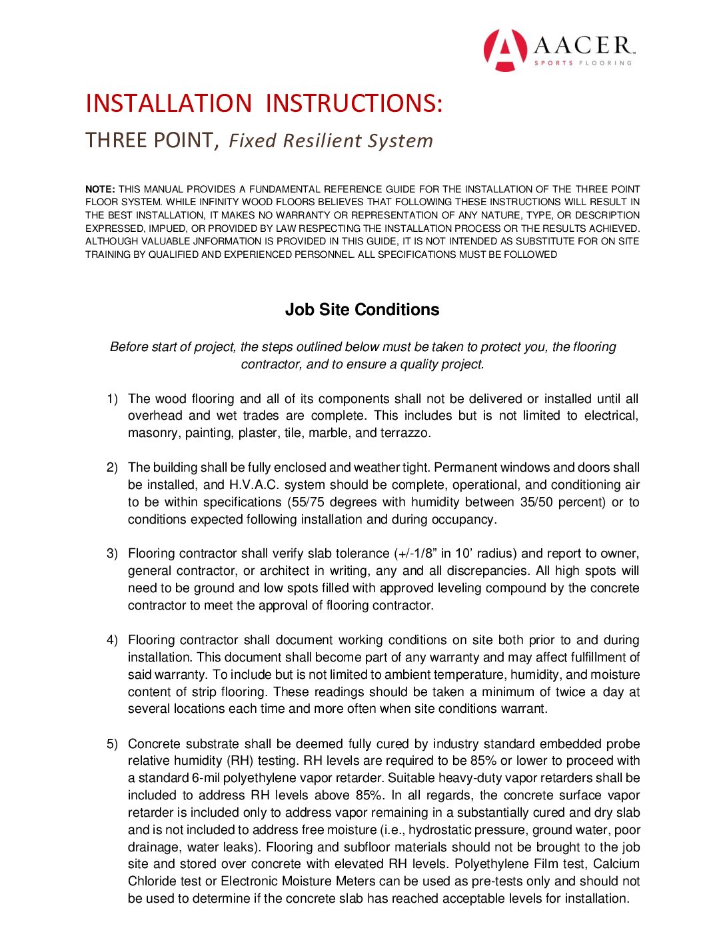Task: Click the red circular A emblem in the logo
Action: [505, 50]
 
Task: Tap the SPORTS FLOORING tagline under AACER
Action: [582, 63]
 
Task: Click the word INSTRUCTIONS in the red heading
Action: [354, 104]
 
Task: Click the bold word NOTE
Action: [100, 189]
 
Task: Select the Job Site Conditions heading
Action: [362, 310]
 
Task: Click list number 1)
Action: [112, 399]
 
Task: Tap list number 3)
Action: [112, 554]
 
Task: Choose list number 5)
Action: [112, 744]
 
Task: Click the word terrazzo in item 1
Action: [406, 434]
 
